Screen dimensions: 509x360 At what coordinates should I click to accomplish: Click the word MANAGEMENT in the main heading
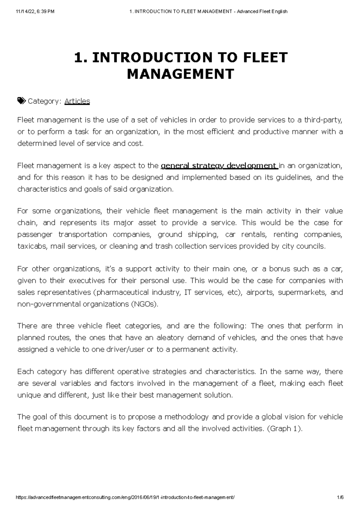(180, 74)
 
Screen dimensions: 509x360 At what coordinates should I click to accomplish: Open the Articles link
(77, 101)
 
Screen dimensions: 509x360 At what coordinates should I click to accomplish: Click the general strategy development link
(219, 166)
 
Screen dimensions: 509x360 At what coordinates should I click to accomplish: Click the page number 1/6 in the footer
(340, 497)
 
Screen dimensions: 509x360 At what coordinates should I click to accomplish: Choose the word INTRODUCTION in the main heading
(147, 58)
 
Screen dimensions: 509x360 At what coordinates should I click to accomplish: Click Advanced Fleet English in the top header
(262, 11)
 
